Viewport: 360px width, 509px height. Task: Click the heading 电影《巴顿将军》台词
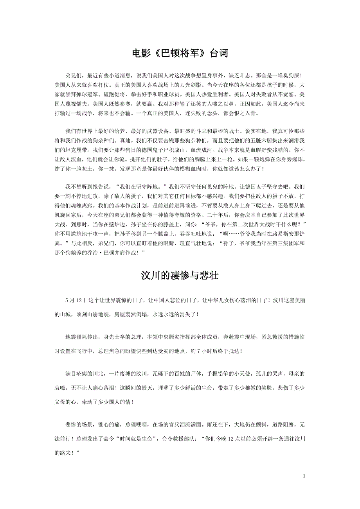[x=180, y=54]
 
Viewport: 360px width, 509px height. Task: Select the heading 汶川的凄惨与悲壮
[x=180, y=276]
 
